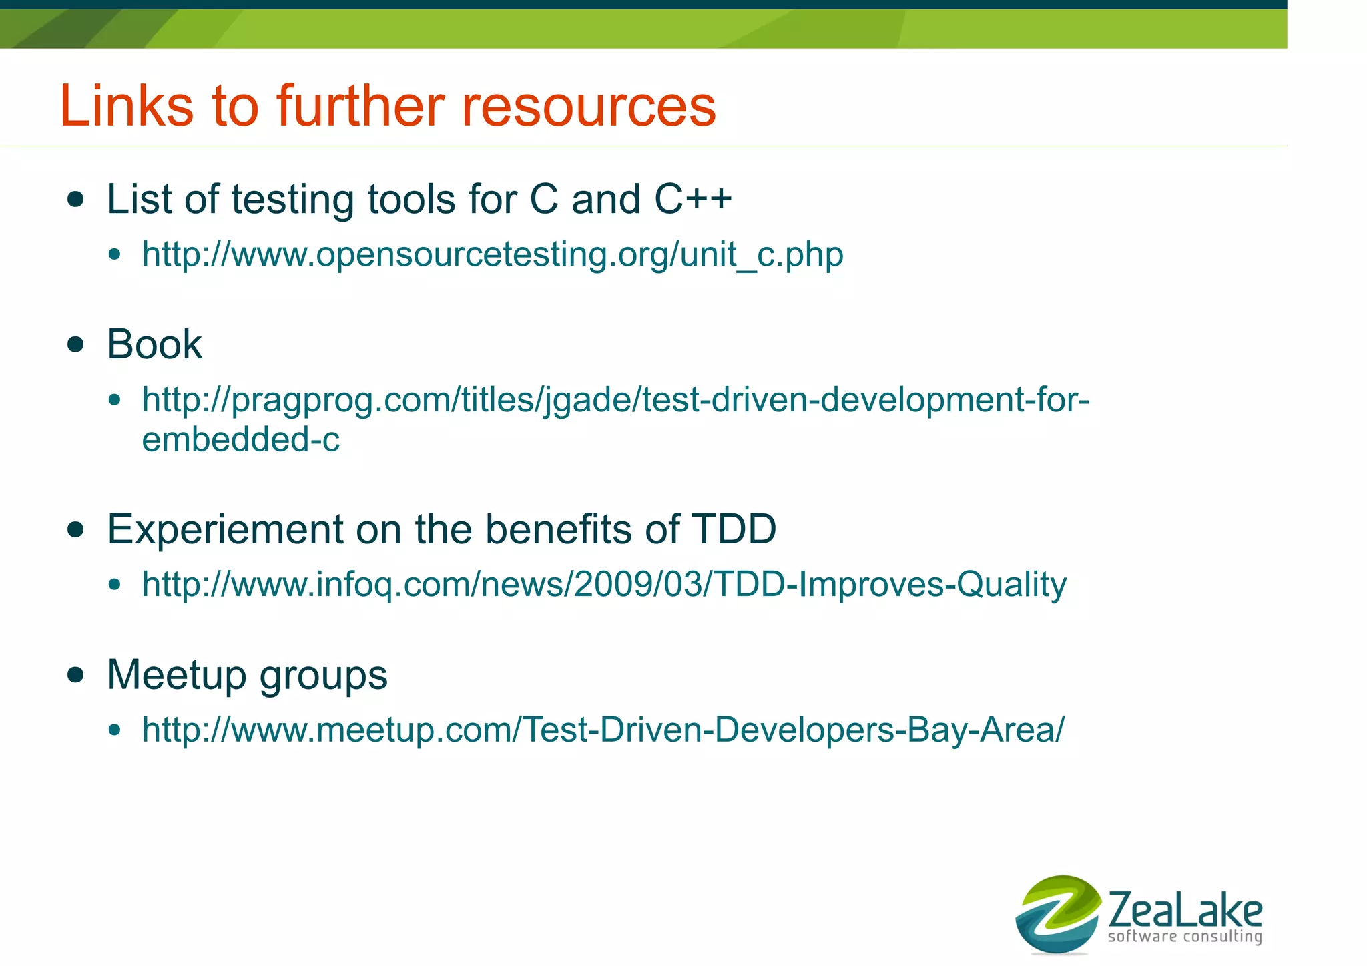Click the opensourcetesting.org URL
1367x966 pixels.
(x=493, y=254)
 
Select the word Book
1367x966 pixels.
(x=154, y=344)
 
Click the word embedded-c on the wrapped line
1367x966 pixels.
(x=241, y=439)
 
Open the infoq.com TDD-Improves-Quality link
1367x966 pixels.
(x=604, y=585)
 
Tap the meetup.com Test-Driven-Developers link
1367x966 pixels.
(x=603, y=730)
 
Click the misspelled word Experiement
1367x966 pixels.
(x=225, y=529)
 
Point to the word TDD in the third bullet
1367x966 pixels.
(x=734, y=529)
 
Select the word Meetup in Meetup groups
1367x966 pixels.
(x=176, y=674)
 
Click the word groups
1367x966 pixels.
(x=323, y=676)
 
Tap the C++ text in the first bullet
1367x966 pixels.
(x=692, y=199)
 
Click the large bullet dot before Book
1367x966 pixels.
(x=76, y=345)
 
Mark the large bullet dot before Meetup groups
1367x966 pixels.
(x=76, y=674)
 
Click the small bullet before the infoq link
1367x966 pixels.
(x=115, y=585)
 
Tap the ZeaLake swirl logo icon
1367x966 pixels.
(x=1057, y=914)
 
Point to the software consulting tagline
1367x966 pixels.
(x=1185, y=937)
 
